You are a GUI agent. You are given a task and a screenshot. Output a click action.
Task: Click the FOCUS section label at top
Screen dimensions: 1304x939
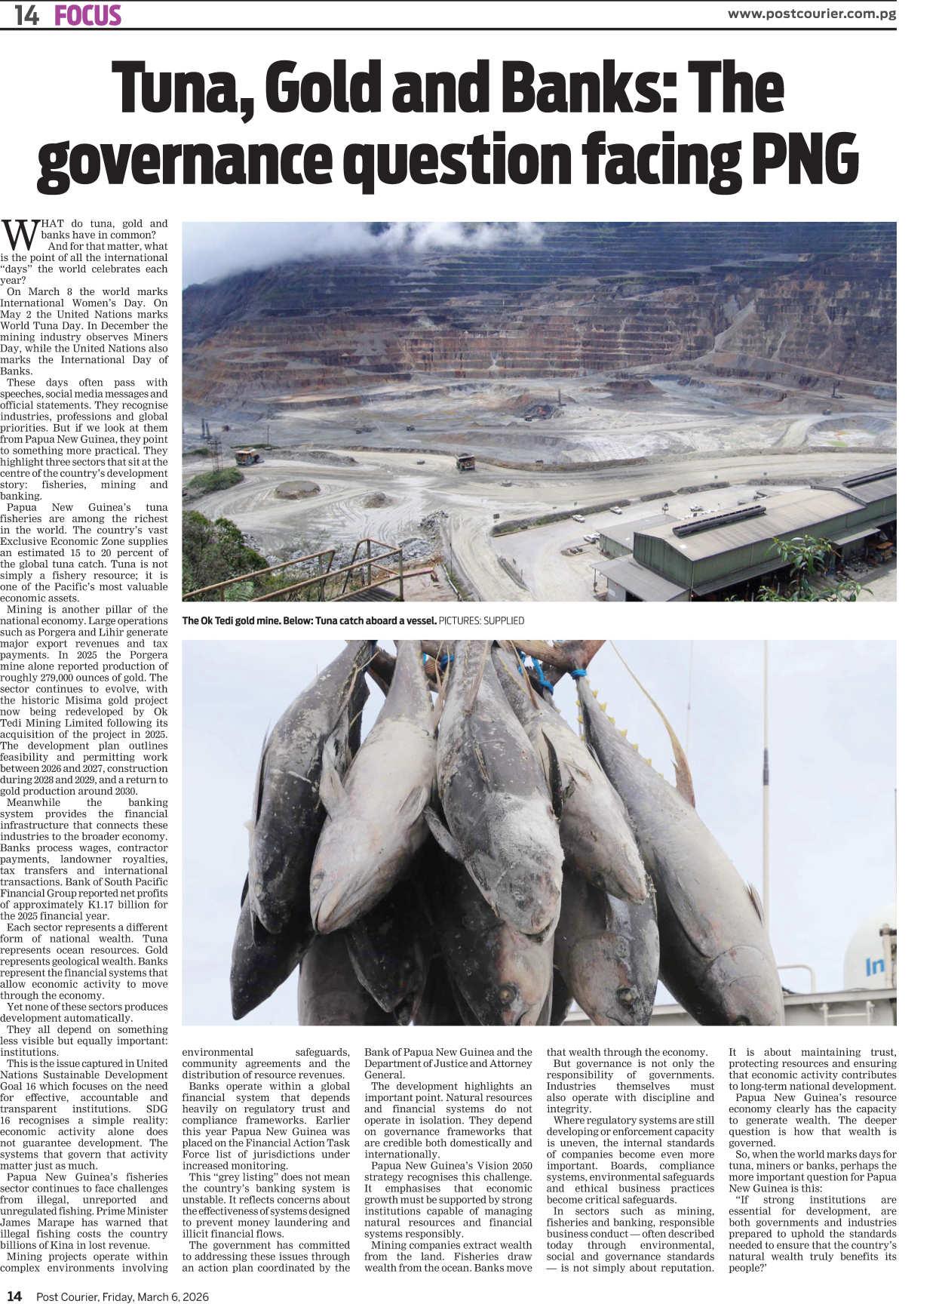click(87, 16)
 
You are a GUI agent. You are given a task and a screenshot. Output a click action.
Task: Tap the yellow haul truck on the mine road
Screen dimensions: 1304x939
click(465, 462)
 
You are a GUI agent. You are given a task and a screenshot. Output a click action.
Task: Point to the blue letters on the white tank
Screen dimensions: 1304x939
click(875, 966)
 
